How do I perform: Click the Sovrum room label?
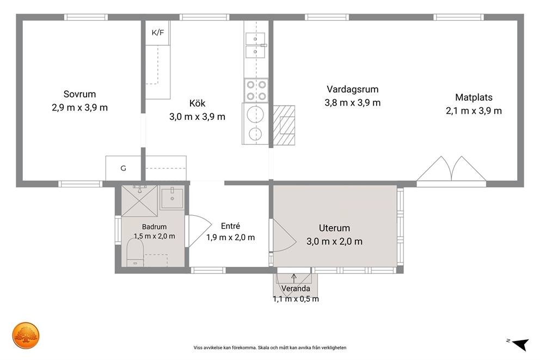click(79, 94)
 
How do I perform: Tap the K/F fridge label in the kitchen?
click(158, 33)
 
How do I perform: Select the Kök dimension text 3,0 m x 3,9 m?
click(198, 117)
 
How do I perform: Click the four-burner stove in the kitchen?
click(256, 90)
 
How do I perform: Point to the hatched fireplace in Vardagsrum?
click(284, 125)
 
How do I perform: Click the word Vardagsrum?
click(353, 89)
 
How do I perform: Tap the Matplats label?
click(474, 97)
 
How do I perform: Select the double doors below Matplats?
click(451, 169)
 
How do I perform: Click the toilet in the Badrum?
click(135, 252)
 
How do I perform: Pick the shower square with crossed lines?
click(139, 201)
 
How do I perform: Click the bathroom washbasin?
click(172, 198)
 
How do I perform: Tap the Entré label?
click(230, 226)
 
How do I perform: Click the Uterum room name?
click(334, 228)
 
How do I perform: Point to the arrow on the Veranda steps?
click(294, 278)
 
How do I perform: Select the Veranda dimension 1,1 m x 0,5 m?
click(296, 299)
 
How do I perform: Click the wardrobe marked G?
click(123, 168)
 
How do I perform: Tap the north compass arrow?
click(520, 344)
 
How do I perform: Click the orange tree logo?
click(26, 335)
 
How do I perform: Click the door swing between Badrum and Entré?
click(200, 231)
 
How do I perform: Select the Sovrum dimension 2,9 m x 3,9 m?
click(80, 108)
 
